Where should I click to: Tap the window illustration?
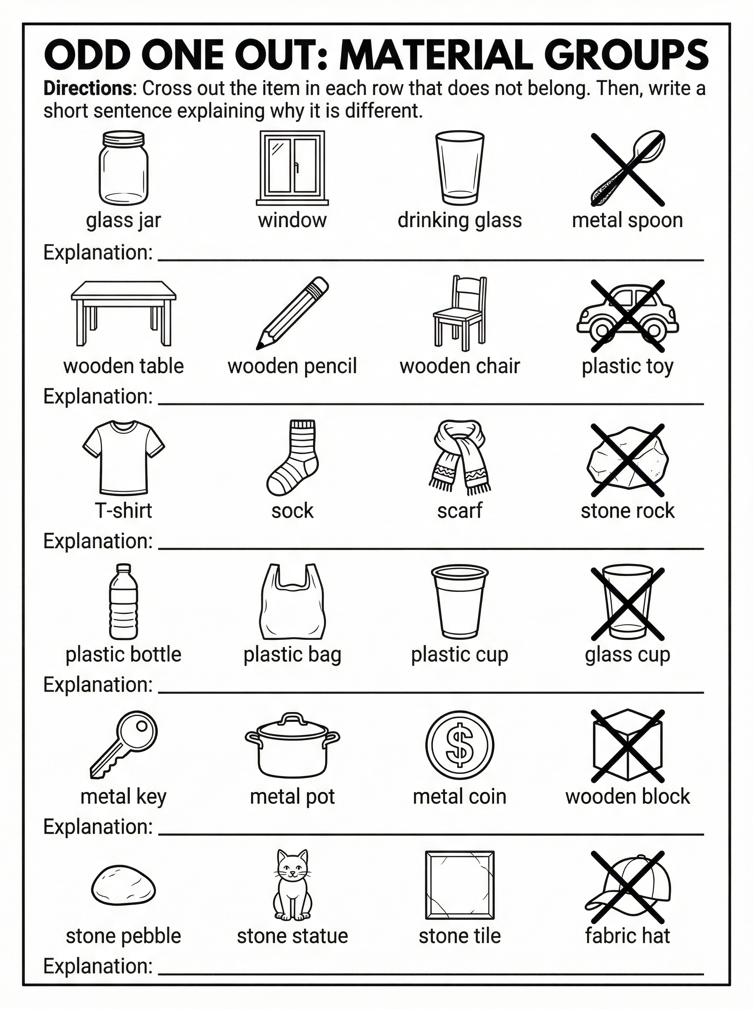[292, 167]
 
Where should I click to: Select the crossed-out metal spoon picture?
[628, 168]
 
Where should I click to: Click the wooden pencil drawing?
[292, 313]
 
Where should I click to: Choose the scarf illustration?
[459, 458]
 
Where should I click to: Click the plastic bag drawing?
[292, 602]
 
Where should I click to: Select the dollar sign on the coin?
[459, 745]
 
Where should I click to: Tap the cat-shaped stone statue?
[292, 885]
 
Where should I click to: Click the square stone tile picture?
[459, 885]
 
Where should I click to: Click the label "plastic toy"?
[627, 367]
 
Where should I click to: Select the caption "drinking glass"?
[459, 221]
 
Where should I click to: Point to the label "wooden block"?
[627, 797]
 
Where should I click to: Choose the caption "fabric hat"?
[627, 935]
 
